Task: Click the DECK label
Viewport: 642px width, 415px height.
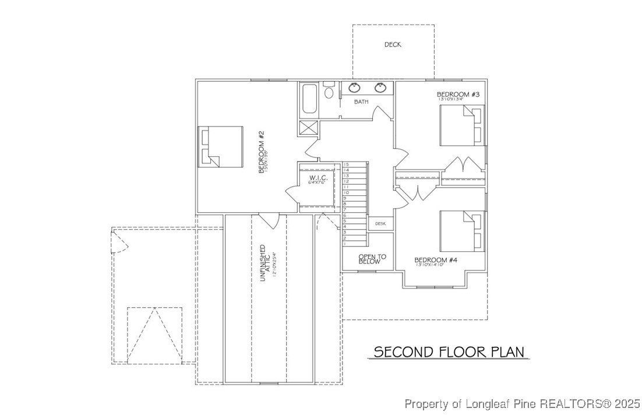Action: point(392,45)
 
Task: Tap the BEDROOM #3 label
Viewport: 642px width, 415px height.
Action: point(458,94)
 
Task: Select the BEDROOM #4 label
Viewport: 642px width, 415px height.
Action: point(438,260)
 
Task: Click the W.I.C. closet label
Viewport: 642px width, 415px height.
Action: point(318,178)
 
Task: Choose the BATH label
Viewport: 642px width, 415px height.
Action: point(361,102)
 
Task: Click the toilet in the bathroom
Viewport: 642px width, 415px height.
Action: point(329,92)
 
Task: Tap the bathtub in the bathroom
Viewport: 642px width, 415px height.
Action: point(309,99)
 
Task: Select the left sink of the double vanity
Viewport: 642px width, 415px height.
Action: point(354,88)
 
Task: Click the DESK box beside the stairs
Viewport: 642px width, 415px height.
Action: point(380,223)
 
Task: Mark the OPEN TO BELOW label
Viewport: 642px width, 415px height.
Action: point(368,259)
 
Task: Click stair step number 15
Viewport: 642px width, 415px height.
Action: point(346,165)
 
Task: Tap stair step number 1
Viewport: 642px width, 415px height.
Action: point(345,243)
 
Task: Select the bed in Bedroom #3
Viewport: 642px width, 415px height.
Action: point(461,126)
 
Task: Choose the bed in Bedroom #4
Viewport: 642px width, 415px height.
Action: point(461,231)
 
